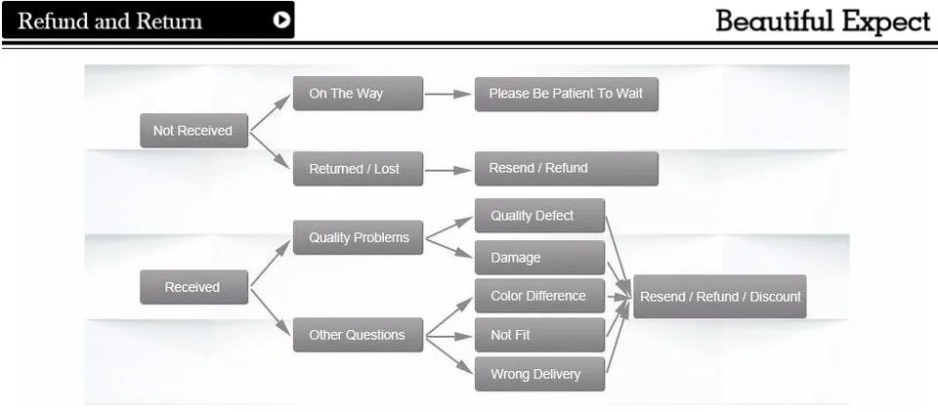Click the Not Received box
pyautogui.click(x=193, y=131)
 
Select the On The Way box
pyautogui.click(x=358, y=94)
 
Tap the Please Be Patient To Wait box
pyautogui.click(x=567, y=94)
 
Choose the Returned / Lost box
pyautogui.click(x=358, y=169)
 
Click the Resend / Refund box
pyautogui.click(x=567, y=168)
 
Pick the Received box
pyautogui.click(x=193, y=287)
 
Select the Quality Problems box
pyautogui.click(x=358, y=237)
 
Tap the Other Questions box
pyautogui.click(x=358, y=335)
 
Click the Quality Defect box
pyautogui.click(x=539, y=215)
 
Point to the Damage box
pyautogui.click(x=539, y=257)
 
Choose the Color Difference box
pyautogui.click(x=539, y=296)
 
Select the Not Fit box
pyautogui.click(x=539, y=335)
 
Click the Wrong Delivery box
pyautogui.click(x=539, y=374)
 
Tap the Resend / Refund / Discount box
pyautogui.click(x=720, y=297)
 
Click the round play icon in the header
pyautogui.click(x=281, y=21)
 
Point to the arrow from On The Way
pyautogui.click(x=448, y=94)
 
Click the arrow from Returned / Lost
pyautogui.click(x=448, y=171)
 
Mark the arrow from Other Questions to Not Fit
pyautogui.click(x=448, y=337)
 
